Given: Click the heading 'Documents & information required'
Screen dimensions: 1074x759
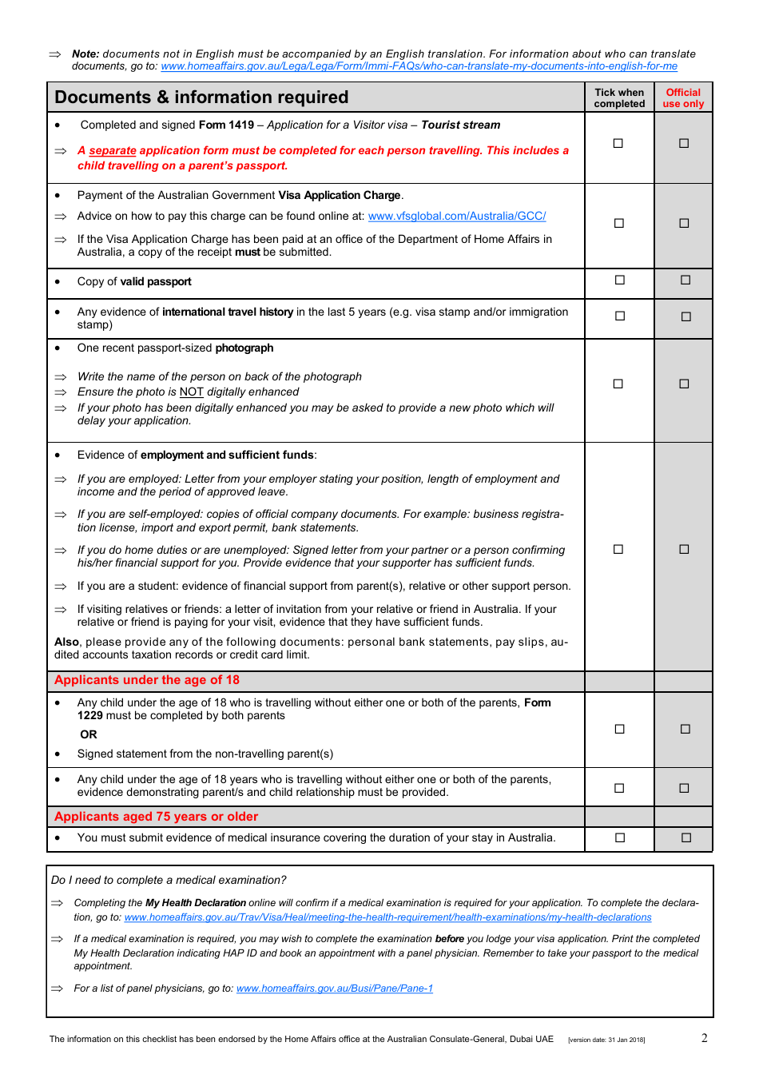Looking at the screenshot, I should [201, 97].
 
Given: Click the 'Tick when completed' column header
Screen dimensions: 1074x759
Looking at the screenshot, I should [619, 97].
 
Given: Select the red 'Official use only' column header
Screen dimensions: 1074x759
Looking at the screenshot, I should [683, 97].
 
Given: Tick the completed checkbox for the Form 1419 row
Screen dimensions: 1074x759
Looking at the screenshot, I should [618, 143].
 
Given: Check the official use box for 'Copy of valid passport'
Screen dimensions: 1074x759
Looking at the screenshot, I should [685, 280].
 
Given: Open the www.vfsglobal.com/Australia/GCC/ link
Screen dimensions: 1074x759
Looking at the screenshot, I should [457, 216].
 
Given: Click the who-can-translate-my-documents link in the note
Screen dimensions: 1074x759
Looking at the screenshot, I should [419, 66].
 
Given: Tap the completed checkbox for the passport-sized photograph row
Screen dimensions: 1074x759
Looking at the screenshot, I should [618, 384].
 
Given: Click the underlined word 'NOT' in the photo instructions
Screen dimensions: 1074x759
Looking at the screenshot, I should [191, 392].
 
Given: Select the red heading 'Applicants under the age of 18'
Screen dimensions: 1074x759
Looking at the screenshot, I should [147, 680].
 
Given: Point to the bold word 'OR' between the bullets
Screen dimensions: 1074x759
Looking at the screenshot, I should [89, 734].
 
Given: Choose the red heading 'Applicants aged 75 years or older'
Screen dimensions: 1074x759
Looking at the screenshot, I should [157, 817].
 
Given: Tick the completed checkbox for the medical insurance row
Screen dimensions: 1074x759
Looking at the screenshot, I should [619, 837].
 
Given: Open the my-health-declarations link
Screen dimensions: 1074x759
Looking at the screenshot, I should [387, 917].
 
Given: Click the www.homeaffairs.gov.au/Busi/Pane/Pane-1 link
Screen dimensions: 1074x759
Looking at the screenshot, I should [335, 988].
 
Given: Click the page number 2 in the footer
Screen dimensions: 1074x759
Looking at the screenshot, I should [704, 1038].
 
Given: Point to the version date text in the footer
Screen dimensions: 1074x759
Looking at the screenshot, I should [606, 1040].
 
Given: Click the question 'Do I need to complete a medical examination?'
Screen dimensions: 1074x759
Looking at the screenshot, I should [169, 880].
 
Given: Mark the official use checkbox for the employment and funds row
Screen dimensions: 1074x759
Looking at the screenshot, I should [684, 549].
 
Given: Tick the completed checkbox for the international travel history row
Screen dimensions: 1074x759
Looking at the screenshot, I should [619, 316].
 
